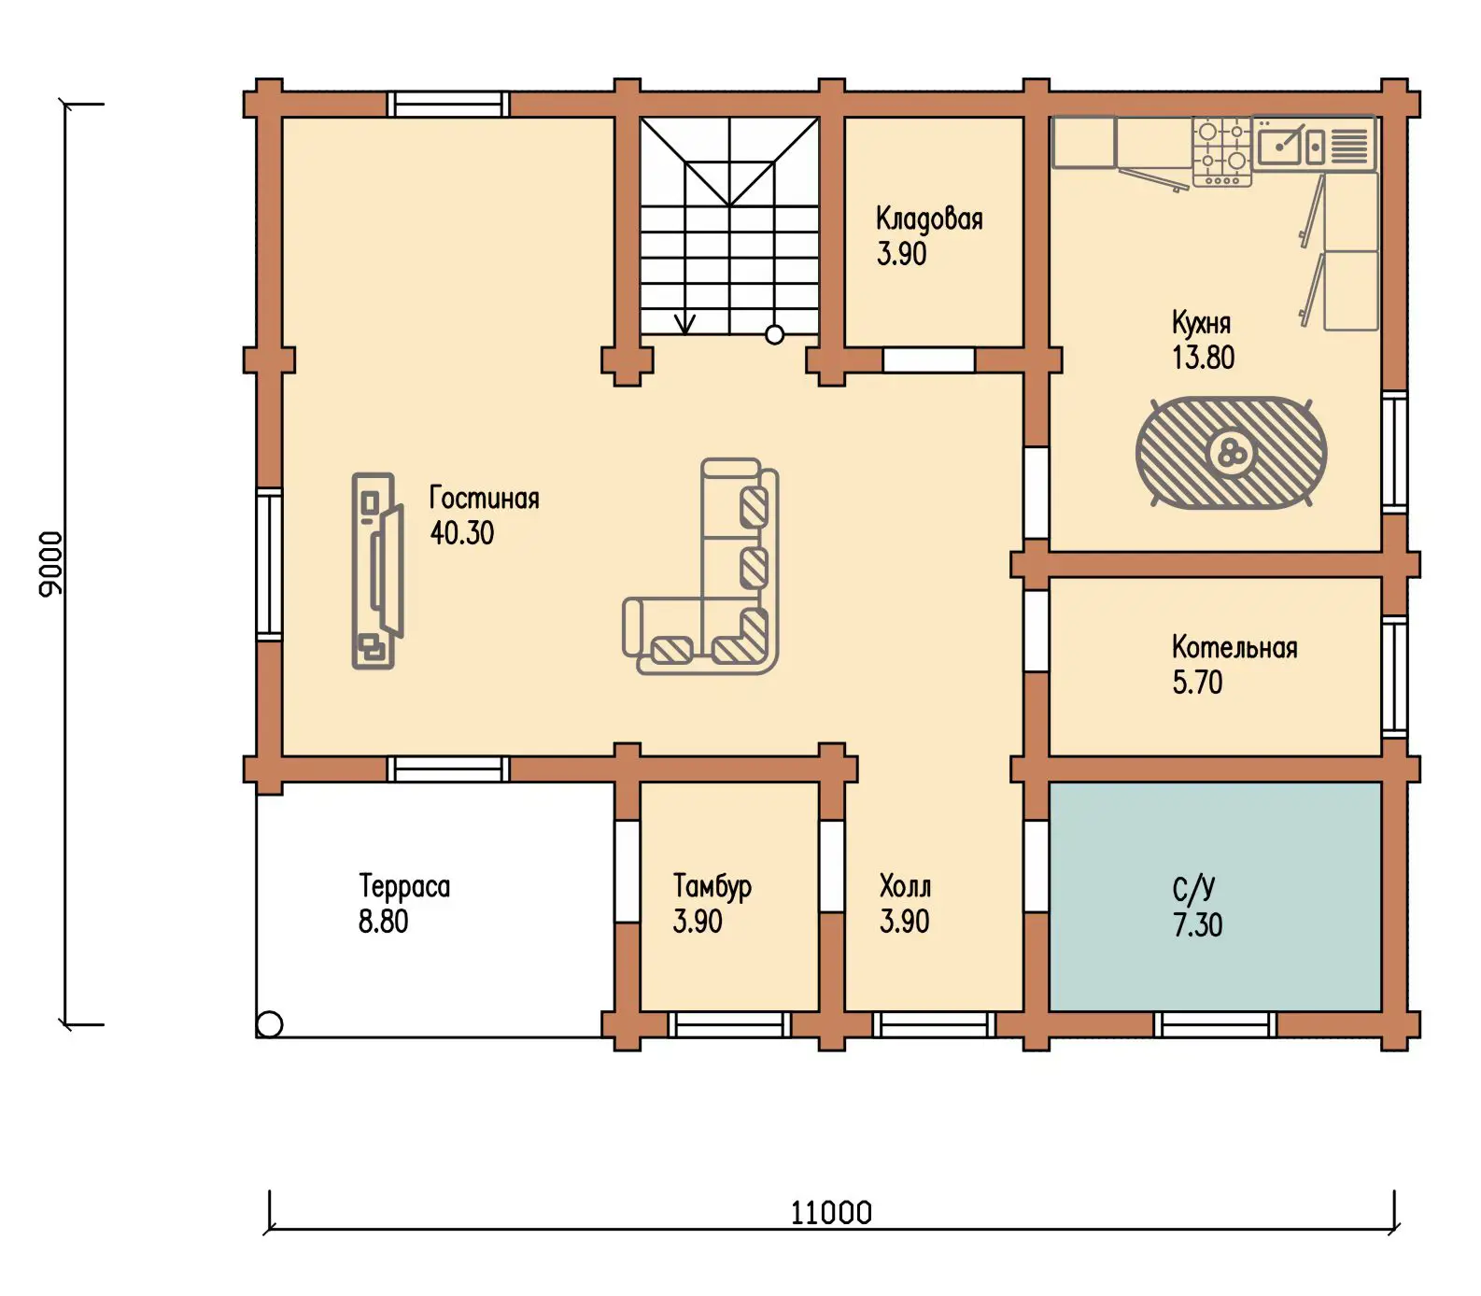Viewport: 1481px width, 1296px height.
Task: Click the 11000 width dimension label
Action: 831,1212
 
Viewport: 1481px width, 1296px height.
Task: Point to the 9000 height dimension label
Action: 50,563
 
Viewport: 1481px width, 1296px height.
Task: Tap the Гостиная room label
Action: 484,498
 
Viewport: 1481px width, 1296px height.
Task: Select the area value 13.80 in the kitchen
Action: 1203,358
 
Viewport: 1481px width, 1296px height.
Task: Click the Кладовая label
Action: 929,218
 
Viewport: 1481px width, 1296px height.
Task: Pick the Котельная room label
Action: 1234,647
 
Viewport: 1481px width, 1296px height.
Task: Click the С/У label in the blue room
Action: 1193,889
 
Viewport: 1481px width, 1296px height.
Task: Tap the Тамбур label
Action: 712,886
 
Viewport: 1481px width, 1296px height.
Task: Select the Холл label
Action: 905,885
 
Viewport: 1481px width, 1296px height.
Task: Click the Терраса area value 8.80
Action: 383,922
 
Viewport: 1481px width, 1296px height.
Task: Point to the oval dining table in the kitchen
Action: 1231,453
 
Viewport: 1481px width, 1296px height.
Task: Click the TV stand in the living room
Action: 374,571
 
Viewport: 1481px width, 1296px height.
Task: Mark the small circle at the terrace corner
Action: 269,1024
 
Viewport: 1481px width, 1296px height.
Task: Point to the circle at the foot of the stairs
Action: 774,334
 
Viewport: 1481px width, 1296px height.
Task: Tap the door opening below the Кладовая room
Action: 928,359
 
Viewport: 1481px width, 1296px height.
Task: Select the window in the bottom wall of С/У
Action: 1215,1024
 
